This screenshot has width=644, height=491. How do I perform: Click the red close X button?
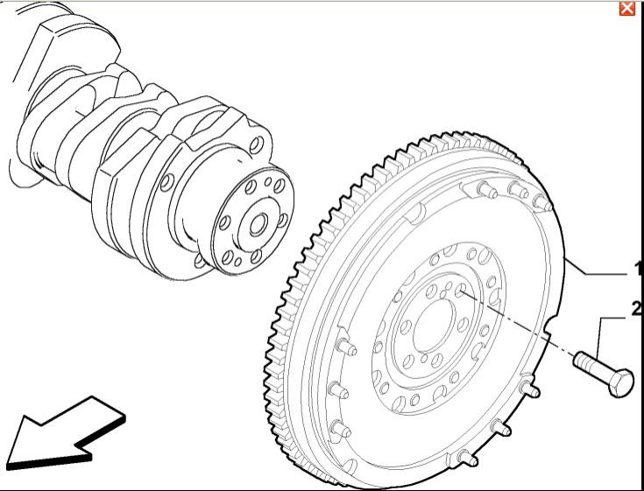pyautogui.click(x=626, y=8)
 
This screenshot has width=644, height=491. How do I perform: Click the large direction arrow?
pyautogui.click(x=66, y=435)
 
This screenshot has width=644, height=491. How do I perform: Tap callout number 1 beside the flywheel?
pyautogui.click(x=639, y=269)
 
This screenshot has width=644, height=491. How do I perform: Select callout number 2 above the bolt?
pyautogui.click(x=638, y=308)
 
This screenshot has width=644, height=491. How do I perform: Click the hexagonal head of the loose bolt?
pyautogui.click(x=619, y=382)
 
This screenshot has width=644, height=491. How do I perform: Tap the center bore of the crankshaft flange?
pyautogui.click(x=258, y=225)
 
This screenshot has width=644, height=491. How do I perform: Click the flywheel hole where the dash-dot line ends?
pyautogui.click(x=461, y=290)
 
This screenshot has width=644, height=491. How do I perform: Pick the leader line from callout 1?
pyautogui.click(x=596, y=266)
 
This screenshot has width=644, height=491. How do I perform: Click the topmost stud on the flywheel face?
pyautogui.click(x=486, y=190)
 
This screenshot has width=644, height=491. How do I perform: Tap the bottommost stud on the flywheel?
pyautogui.click(x=468, y=459)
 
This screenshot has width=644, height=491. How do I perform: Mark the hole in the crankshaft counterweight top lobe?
pyautogui.click(x=256, y=145)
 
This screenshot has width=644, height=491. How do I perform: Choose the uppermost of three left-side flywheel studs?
pyautogui.click(x=346, y=347)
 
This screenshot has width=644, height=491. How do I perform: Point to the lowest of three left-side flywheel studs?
pyautogui.click(x=341, y=429)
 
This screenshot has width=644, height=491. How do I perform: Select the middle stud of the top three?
pyautogui.click(x=518, y=190)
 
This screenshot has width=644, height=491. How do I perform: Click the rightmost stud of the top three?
pyautogui.click(x=542, y=202)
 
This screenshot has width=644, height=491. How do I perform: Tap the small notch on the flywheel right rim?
pyautogui.click(x=547, y=329)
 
